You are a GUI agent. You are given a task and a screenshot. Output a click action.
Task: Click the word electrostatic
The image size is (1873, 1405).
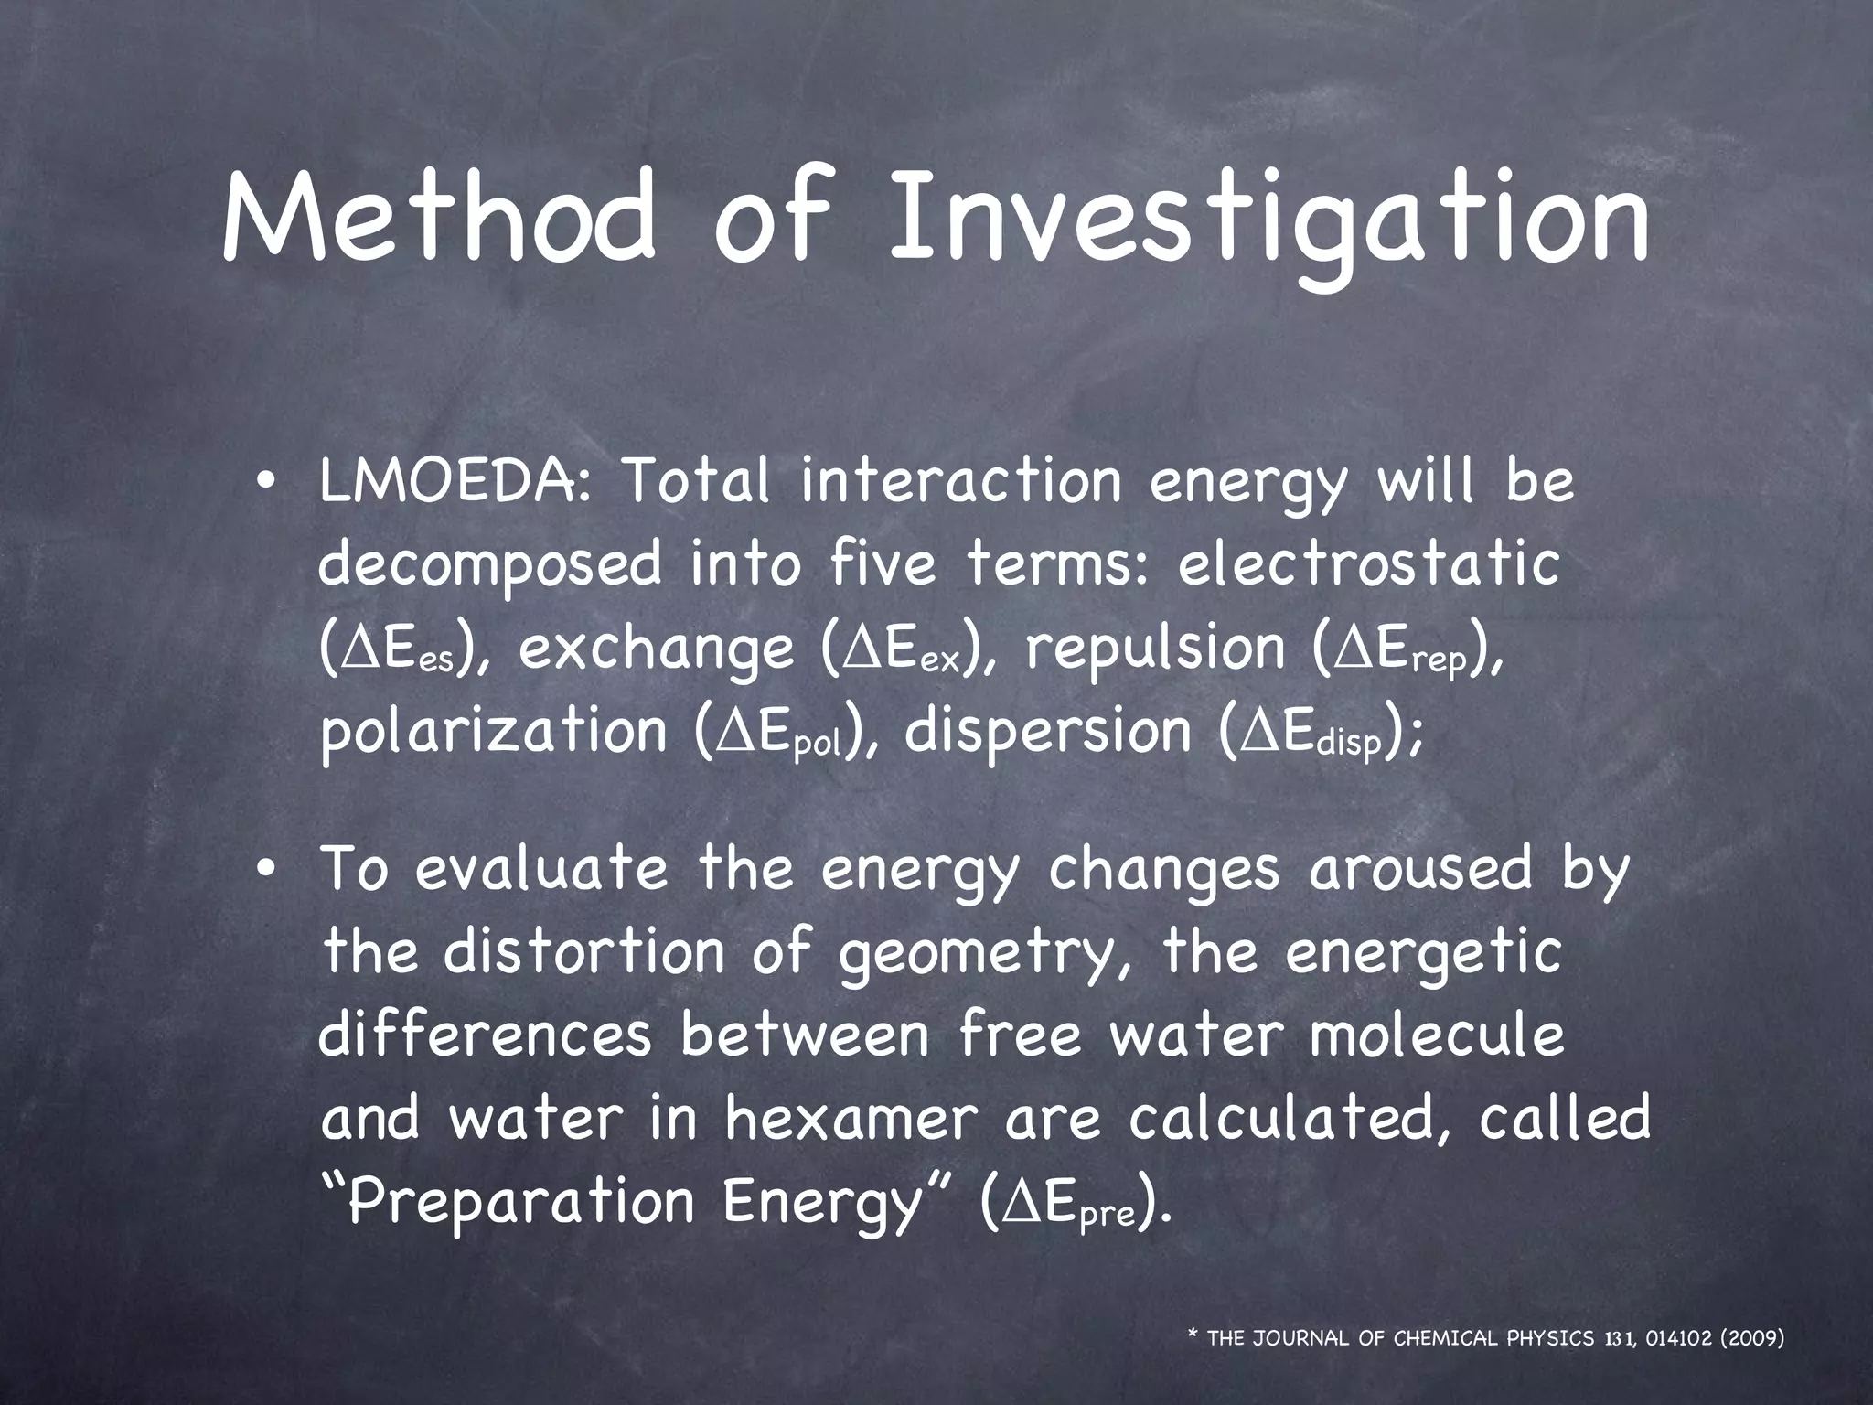coord(1368,563)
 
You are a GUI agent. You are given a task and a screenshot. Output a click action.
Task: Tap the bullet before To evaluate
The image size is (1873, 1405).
coord(264,870)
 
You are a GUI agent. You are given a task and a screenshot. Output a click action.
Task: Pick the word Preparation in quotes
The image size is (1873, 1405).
coord(520,1202)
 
